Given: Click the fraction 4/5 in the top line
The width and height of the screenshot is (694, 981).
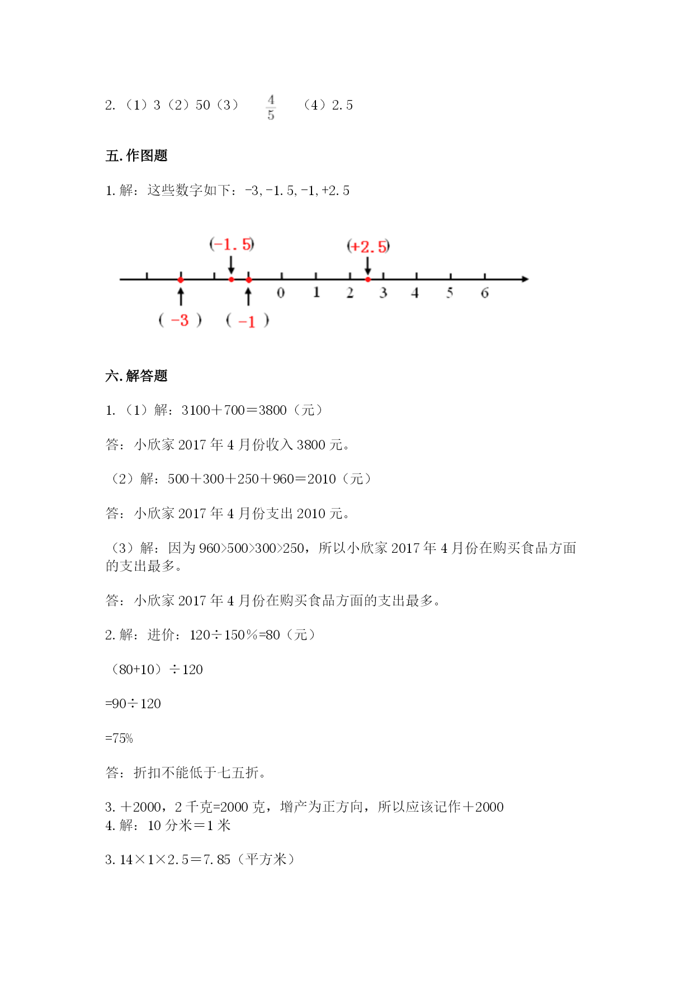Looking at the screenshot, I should point(271,107).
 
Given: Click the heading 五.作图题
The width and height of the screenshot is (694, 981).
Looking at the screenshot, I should point(136,155).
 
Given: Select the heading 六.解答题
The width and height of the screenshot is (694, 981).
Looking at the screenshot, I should point(136,376).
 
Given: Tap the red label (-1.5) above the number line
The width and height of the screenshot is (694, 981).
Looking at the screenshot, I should point(232,244).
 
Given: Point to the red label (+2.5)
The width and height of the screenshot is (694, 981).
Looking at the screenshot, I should point(368,247).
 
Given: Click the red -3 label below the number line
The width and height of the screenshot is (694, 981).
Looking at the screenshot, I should point(180,320).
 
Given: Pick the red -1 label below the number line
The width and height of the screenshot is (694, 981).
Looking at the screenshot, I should point(247,321).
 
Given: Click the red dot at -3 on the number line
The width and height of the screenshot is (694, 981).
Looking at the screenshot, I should point(181,279).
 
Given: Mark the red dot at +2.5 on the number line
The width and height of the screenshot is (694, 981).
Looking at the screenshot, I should point(368,279).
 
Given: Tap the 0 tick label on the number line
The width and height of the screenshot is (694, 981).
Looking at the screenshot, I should point(281,293).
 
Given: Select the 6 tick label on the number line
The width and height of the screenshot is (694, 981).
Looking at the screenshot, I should point(484,293).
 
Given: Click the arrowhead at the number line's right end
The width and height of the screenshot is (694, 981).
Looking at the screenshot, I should point(525,279).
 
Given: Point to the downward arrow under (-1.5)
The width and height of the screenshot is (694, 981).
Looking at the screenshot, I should point(232,264).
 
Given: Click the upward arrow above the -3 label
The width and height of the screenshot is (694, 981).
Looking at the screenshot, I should point(181,296).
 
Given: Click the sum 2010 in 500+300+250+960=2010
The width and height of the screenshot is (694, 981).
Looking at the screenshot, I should point(322,479).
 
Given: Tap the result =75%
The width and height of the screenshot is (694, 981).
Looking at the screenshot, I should point(119,738).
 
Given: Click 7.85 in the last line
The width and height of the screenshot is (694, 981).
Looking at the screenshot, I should point(217,860).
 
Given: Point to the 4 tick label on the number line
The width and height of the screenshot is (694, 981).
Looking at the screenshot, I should point(415,293).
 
